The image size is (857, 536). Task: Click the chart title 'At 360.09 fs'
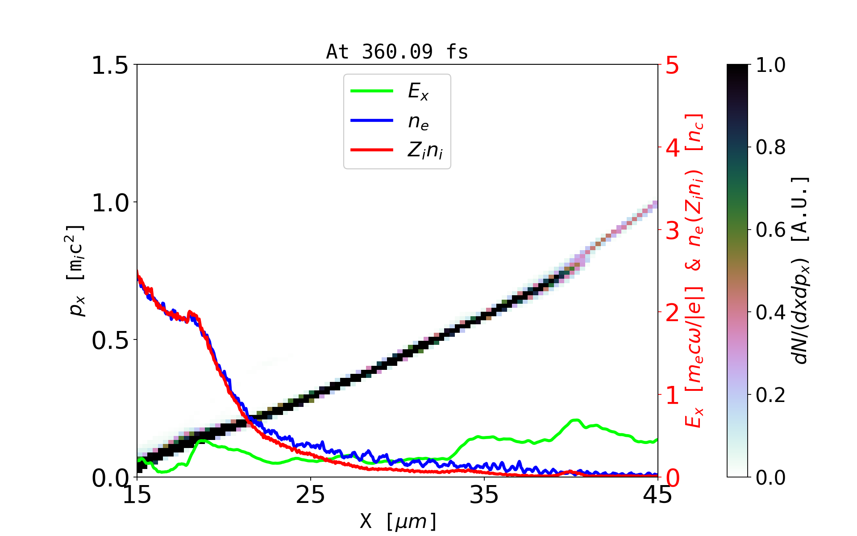coord(397,52)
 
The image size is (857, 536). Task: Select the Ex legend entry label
coord(418,92)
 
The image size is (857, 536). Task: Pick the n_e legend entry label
coord(418,121)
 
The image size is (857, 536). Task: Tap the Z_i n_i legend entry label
coord(425,151)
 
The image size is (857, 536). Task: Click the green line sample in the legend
coord(372,91)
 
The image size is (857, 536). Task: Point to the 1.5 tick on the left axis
coord(110,65)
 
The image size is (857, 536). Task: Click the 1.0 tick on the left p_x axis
coord(110,203)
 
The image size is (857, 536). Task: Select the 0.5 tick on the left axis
coord(110,340)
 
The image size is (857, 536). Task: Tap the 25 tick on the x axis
coord(310,495)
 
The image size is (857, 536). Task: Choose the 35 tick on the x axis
coord(484,495)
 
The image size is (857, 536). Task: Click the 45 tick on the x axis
coord(657,495)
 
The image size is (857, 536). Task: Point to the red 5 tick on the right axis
coord(672,66)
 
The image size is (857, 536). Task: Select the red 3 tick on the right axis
coord(672,230)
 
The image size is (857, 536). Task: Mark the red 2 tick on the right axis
coord(672,313)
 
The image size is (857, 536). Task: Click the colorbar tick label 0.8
coord(770,147)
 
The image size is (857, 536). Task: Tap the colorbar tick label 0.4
coord(770,313)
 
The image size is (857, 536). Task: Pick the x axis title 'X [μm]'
coord(398,521)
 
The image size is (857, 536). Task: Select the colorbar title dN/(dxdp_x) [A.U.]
coord(802,271)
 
